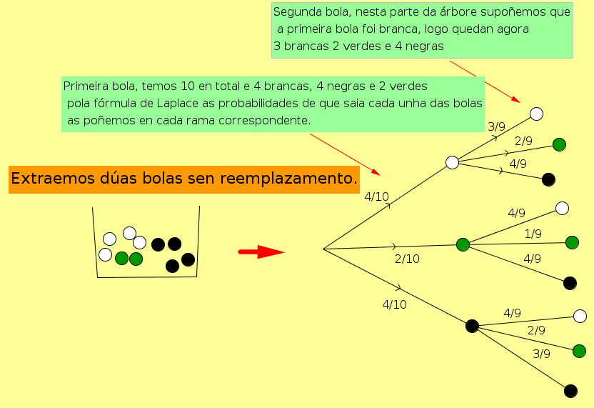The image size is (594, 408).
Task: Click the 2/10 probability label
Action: [407, 259]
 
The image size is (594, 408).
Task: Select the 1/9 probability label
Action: [533, 234]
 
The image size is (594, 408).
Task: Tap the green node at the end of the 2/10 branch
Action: [463, 244]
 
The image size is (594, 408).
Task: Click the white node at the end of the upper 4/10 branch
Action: [452, 162]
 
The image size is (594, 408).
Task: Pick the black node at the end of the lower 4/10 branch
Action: [472, 326]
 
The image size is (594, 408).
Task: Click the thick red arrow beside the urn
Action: [261, 252]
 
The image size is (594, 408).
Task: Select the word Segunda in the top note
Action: [296, 12]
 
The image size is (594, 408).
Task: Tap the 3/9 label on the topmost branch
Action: [496, 126]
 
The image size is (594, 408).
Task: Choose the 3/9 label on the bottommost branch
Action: [542, 353]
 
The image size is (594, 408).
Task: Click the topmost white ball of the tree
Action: [537, 114]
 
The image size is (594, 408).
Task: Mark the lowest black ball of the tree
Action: [570, 391]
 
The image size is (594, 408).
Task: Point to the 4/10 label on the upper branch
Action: [376, 196]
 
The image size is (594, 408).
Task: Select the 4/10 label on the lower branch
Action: [394, 304]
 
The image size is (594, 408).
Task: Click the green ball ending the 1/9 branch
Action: [572, 242]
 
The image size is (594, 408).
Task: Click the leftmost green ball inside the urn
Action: [121, 258]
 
